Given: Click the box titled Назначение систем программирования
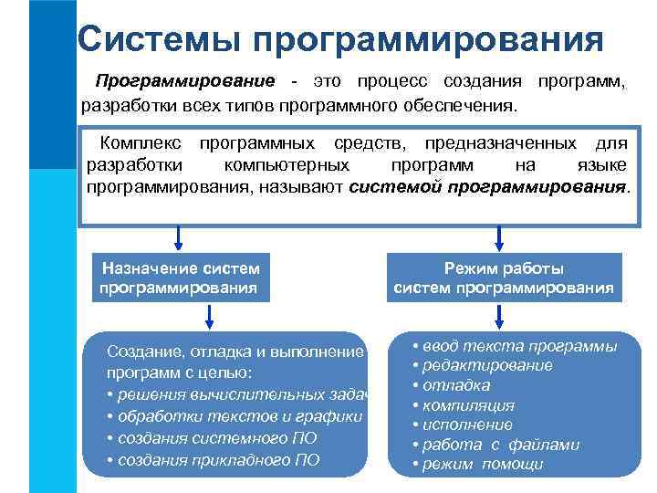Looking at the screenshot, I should [181, 278].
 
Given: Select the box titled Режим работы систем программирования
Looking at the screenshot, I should [503, 278].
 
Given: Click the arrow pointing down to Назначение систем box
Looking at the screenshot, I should [179, 237].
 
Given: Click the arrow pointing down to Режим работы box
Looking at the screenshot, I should [498, 237].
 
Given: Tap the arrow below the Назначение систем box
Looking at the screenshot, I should [211, 316].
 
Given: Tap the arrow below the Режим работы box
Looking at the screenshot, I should [498, 316].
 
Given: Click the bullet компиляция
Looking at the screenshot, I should [464, 405].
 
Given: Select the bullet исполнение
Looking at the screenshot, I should [462, 425].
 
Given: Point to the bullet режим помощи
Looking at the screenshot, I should [477, 464].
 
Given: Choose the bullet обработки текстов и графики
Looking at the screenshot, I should [235, 416].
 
